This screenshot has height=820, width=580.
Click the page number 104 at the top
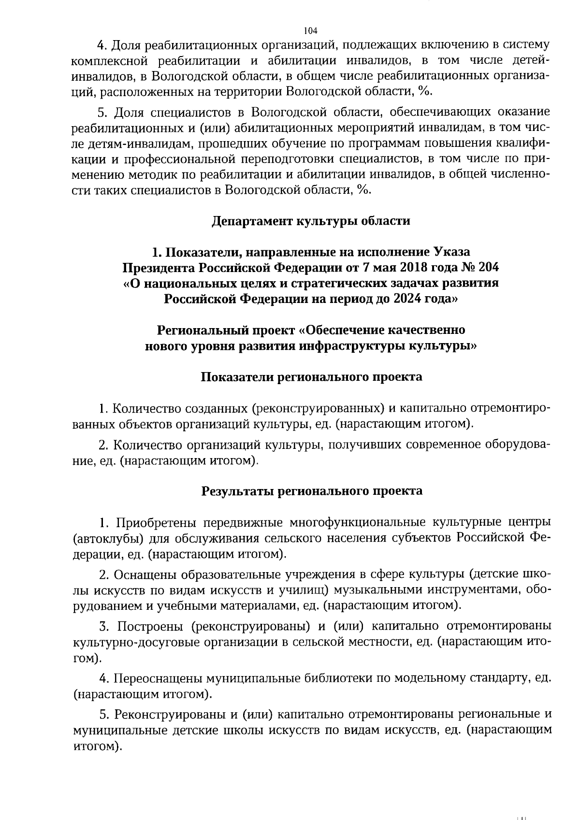(310, 31)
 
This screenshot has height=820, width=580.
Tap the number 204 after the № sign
(489, 267)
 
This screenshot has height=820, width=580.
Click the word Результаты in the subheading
(236, 491)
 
